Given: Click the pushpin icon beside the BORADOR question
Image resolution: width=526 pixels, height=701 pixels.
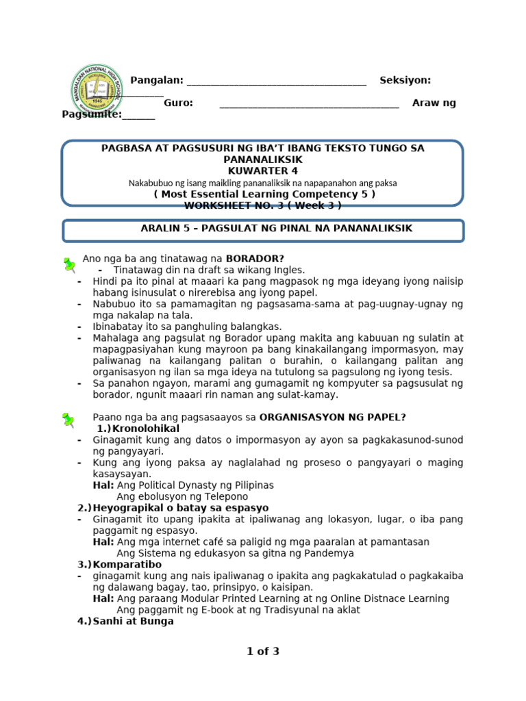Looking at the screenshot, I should (x=68, y=264).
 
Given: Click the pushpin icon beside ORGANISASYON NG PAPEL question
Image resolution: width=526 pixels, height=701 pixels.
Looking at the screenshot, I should (x=68, y=420).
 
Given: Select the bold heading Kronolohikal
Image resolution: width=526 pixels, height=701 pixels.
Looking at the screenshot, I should (x=141, y=429).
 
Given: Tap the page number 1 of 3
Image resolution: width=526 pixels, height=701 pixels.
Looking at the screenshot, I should (x=263, y=652).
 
